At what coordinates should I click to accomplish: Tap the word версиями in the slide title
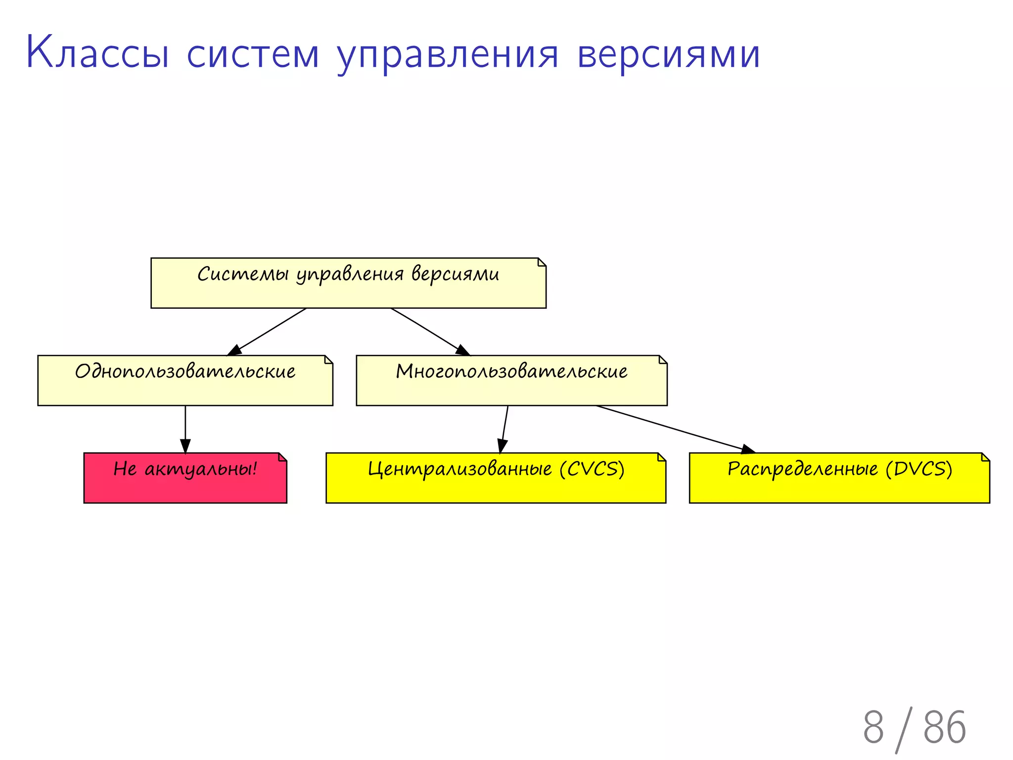(668, 54)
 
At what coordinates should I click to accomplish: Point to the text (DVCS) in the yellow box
(919, 469)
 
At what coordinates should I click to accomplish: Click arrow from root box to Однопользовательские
(267, 332)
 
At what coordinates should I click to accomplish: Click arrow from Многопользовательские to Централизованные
(505, 428)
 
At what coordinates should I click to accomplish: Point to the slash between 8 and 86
(904, 729)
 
